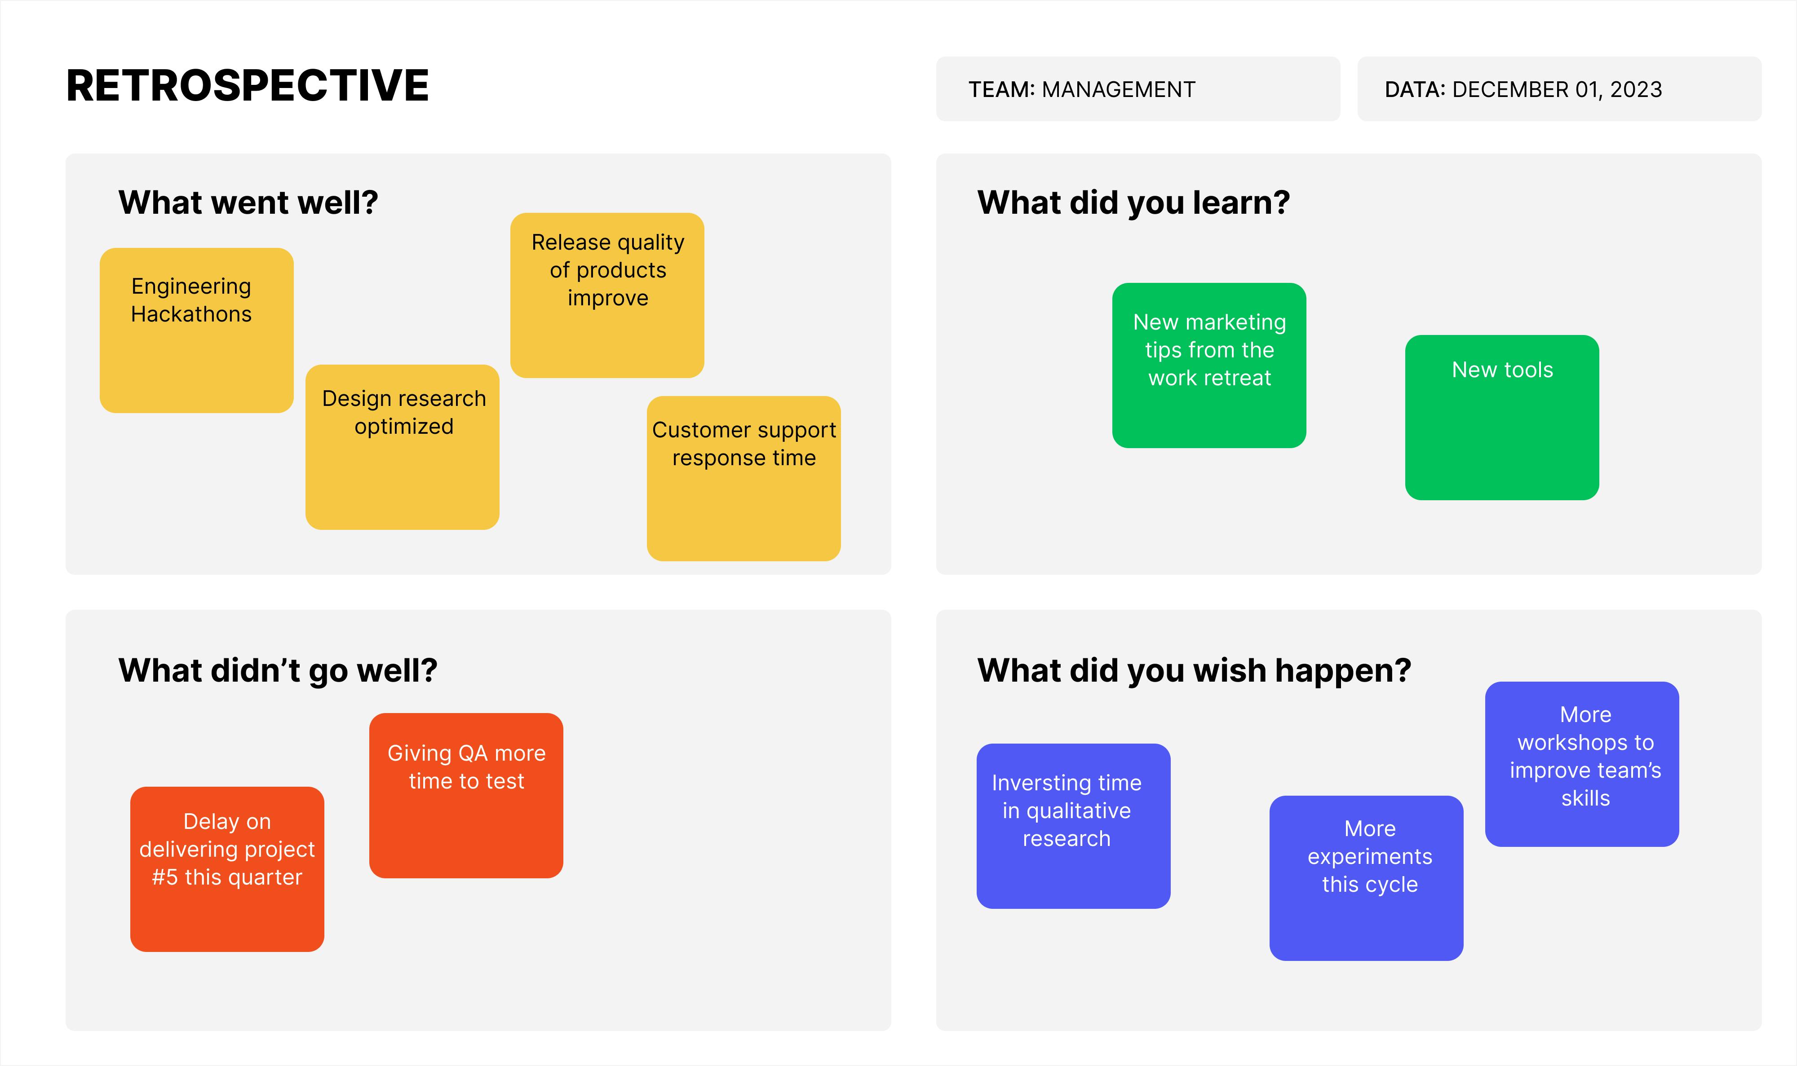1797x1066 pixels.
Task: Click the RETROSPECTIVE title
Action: (x=247, y=86)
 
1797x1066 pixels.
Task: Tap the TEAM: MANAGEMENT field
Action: (x=1138, y=89)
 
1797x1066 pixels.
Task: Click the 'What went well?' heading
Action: (x=248, y=203)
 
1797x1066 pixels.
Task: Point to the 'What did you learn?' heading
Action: (x=1133, y=203)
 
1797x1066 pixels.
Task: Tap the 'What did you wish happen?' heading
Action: (x=1194, y=670)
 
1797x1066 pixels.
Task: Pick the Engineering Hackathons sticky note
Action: (x=196, y=330)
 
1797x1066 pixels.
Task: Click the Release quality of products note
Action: (x=606, y=295)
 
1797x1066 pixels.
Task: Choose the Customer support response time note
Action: (x=743, y=478)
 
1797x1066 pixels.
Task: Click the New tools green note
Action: (x=1502, y=417)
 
